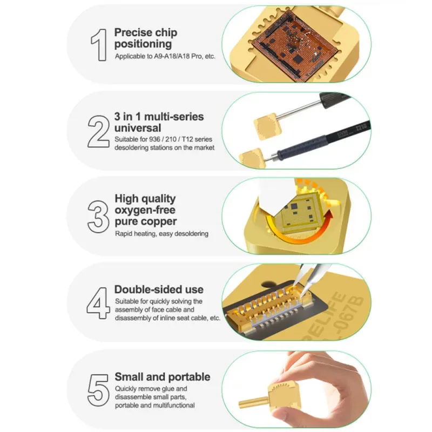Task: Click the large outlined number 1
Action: click(99, 45)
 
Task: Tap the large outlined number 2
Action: click(98, 131)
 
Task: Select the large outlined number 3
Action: click(98, 217)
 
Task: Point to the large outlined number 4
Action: click(98, 303)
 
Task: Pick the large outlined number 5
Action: click(98, 390)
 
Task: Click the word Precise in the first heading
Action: click(133, 32)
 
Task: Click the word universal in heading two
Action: click(138, 128)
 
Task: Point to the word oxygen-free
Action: click(145, 210)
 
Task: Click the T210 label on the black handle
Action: click(361, 127)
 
